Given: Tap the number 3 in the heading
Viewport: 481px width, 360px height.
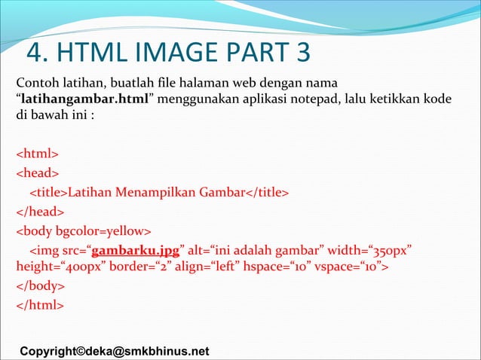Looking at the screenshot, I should [299, 53].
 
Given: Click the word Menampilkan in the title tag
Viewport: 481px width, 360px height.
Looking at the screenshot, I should [151, 192].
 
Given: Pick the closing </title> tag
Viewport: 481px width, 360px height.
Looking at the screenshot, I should [264, 192].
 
